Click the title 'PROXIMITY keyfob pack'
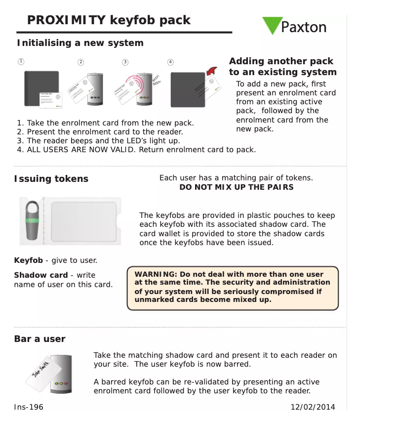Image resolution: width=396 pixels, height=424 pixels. tap(109, 20)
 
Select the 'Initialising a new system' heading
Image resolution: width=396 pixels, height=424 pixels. tap(80, 43)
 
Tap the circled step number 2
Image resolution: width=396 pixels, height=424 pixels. tap(81, 62)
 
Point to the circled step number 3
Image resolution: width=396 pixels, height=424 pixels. tap(125, 62)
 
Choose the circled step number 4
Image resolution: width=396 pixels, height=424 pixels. tap(170, 62)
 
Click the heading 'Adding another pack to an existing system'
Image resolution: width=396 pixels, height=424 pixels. tap(282, 67)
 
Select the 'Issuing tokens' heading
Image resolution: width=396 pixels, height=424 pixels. tap(51, 179)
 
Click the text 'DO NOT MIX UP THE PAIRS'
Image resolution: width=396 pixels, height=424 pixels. tap(236, 187)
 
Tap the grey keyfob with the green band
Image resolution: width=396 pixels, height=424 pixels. tap(34, 221)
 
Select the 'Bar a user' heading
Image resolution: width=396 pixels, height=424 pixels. tap(40, 339)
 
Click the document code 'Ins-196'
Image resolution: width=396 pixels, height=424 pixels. tap(29, 407)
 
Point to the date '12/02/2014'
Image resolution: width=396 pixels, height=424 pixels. tap(313, 407)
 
